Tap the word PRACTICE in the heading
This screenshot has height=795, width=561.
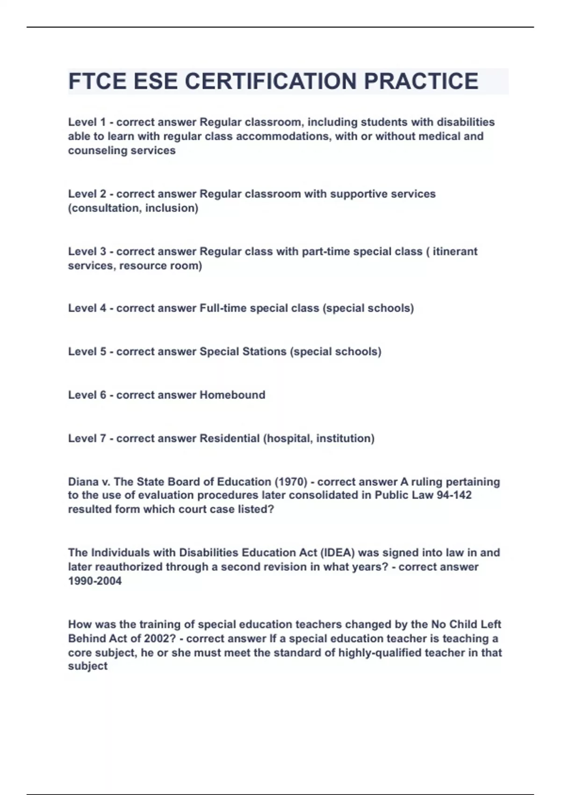(x=421, y=81)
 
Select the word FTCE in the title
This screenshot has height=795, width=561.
(x=97, y=81)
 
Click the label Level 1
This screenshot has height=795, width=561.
(x=87, y=122)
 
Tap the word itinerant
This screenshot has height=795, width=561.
(x=455, y=252)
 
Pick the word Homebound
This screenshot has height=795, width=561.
(x=232, y=395)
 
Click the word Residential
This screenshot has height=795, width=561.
(x=230, y=439)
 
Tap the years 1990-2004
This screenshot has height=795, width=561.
(x=95, y=581)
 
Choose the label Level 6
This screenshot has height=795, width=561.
(x=87, y=395)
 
